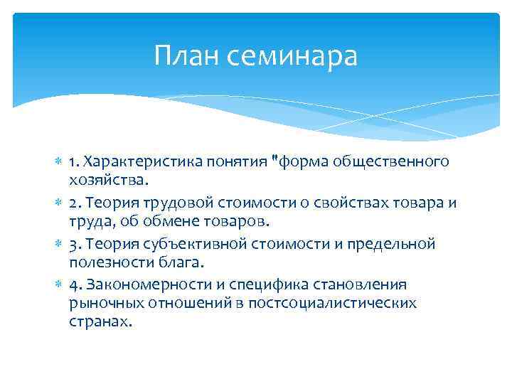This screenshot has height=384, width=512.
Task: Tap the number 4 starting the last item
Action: click(x=73, y=284)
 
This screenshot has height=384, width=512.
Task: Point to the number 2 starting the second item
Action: click(x=73, y=203)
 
